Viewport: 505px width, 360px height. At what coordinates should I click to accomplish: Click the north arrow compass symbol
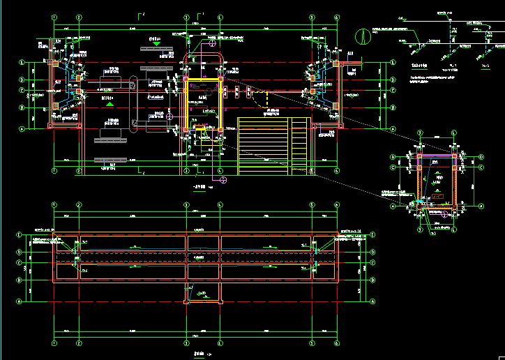(362, 34)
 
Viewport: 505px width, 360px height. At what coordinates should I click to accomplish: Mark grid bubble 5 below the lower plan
(309, 343)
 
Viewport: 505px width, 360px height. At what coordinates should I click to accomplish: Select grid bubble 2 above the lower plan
(80, 205)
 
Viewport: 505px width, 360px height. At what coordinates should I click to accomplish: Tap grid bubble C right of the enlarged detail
(481, 167)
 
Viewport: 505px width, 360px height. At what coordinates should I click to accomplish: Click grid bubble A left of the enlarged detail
(392, 206)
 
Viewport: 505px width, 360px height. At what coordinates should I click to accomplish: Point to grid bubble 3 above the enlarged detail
(420, 133)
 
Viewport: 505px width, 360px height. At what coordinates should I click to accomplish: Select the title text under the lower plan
(200, 354)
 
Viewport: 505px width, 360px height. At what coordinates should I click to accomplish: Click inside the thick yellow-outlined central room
(203, 104)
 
